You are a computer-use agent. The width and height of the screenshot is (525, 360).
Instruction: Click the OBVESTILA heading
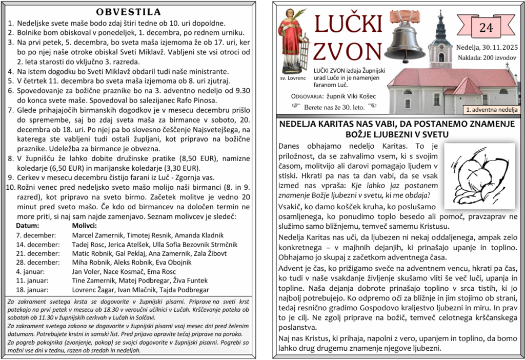(128, 12)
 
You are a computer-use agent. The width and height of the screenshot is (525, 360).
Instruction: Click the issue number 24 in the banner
(485, 28)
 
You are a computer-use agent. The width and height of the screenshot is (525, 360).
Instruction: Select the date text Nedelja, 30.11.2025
(486, 48)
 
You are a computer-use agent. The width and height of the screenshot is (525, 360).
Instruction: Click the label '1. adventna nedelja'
(492, 110)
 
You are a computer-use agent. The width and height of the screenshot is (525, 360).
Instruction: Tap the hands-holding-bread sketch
(479, 175)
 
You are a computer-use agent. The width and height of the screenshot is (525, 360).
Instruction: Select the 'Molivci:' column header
(84, 225)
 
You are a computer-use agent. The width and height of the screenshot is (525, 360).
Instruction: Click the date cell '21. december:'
(38, 253)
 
